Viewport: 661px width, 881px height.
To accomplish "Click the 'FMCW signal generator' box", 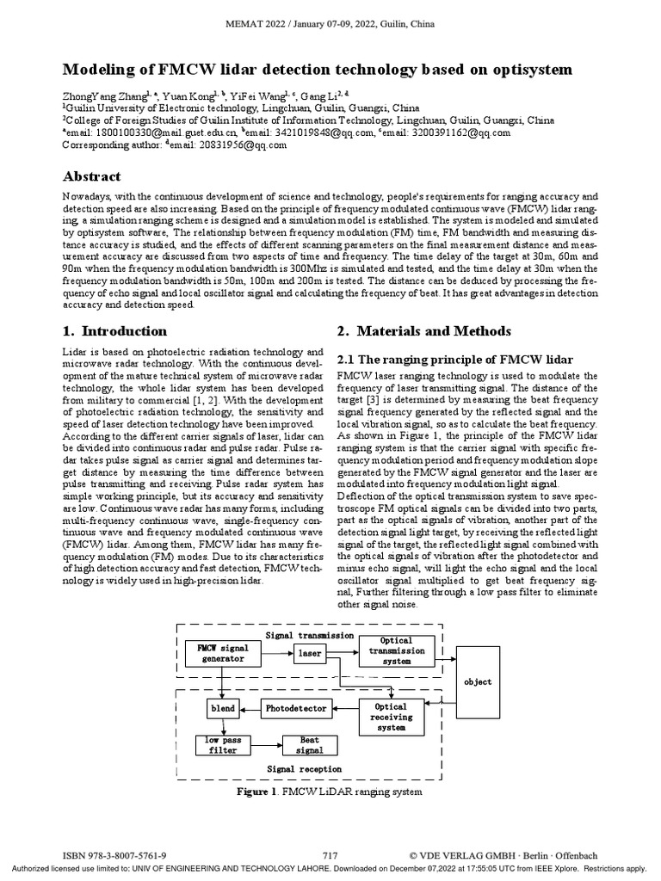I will [x=222, y=653].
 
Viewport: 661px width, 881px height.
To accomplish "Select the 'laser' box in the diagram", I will [x=310, y=653].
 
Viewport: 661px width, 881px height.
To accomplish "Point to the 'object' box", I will [x=478, y=682].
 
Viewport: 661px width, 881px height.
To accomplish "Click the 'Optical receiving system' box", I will [x=391, y=717].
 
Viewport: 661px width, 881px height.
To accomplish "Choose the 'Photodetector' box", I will [x=295, y=708].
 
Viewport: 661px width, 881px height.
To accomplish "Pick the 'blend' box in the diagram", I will [x=222, y=708].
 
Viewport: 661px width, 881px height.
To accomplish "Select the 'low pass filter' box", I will [x=221, y=745].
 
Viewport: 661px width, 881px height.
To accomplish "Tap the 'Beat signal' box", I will [x=309, y=745].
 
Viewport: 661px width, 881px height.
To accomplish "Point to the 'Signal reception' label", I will [x=304, y=769].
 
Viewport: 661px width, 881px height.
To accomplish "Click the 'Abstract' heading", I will [x=92, y=176].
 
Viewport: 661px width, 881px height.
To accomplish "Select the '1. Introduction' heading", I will [x=115, y=331].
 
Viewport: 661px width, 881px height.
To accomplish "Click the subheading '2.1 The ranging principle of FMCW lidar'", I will [x=454, y=359].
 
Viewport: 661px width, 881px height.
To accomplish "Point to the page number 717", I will [x=330, y=856].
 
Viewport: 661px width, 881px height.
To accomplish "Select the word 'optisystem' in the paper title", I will [x=528, y=68].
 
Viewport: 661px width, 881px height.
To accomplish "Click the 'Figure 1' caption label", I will [x=259, y=792].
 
